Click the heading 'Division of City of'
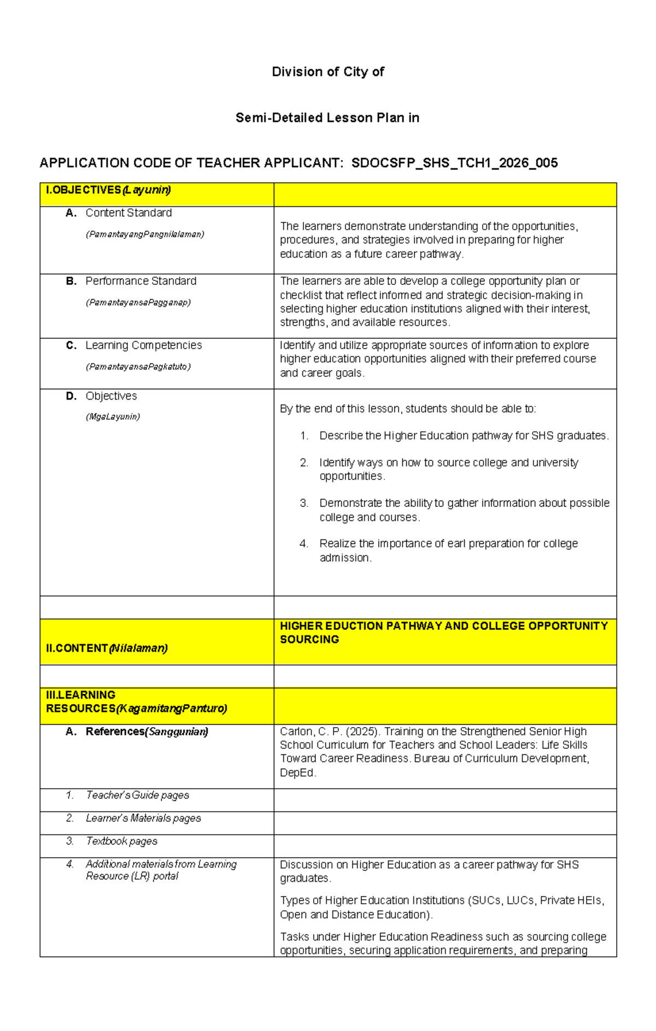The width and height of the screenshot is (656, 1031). [327, 72]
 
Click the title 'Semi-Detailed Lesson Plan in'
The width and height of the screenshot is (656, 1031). [327, 118]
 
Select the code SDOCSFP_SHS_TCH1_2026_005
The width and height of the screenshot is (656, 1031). [454, 163]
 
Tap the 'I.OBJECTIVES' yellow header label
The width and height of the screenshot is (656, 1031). [83, 190]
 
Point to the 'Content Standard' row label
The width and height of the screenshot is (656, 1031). [128, 213]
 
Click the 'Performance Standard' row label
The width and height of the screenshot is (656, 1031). [140, 281]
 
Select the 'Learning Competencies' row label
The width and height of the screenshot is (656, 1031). [143, 345]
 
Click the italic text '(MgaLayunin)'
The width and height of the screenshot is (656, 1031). [113, 417]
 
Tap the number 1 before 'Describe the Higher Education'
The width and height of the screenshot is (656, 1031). [304, 436]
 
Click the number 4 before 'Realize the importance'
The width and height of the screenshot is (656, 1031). [303, 543]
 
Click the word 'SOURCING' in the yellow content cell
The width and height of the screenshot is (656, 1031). [309, 640]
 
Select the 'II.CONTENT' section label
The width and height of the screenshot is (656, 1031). [77, 648]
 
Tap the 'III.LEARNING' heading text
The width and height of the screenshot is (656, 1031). [81, 695]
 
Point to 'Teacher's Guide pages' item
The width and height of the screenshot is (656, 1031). [137, 795]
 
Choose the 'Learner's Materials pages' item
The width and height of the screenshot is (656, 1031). [143, 818]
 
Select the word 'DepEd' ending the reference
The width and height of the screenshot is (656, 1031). [297, 772]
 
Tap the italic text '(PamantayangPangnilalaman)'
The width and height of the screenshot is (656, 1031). [145, 234]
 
